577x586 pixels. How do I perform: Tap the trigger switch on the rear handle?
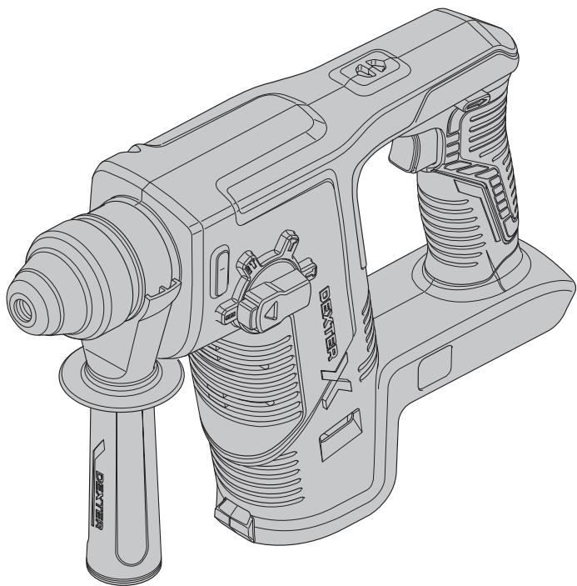(415, 149)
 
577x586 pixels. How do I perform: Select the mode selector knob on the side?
(267, 283)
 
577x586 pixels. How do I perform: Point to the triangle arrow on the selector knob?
(272, 310)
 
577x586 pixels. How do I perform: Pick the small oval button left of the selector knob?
(221, 271)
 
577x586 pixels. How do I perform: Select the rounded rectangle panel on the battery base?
(435, 368)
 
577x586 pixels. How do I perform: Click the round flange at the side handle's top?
(122, 376)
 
